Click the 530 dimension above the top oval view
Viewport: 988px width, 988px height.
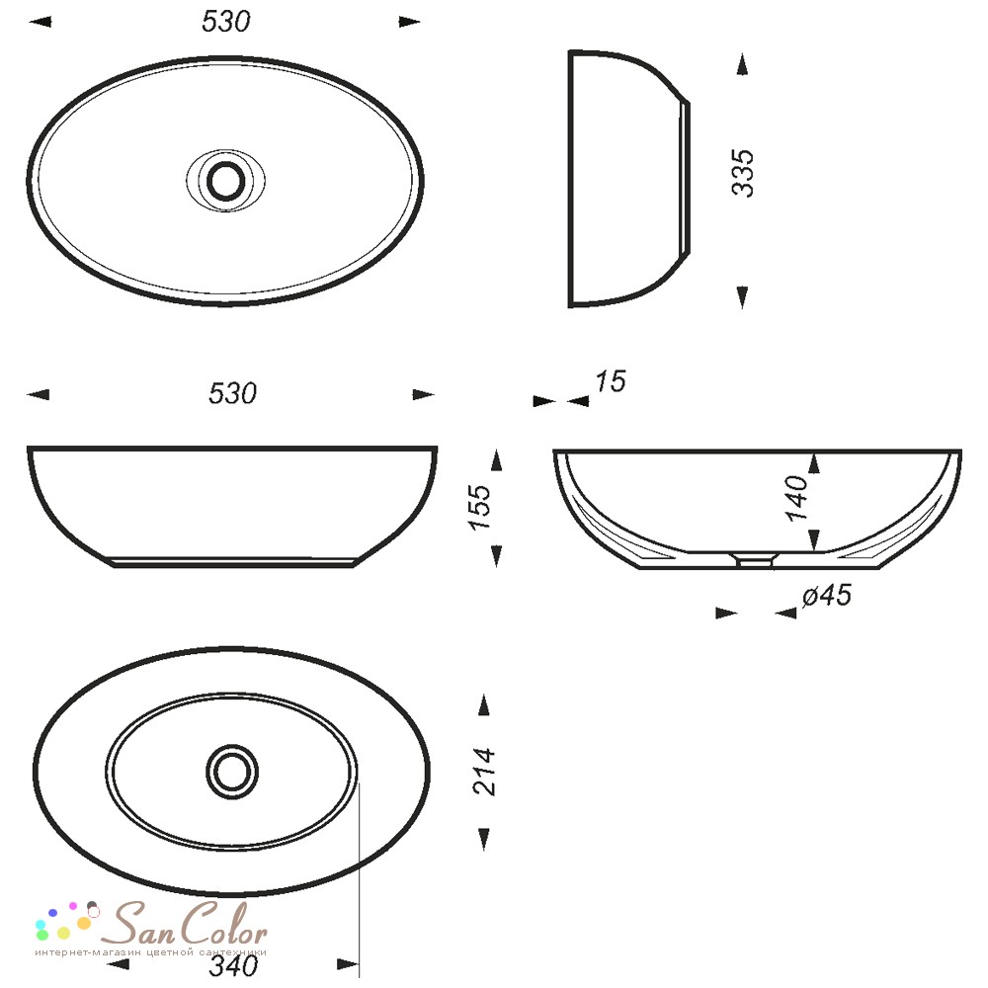(x=225, y=22)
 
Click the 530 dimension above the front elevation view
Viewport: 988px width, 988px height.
(x=232, y=394)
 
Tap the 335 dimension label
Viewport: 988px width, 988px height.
(x=743, y=173)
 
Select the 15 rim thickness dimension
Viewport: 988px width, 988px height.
(x=611, y=381)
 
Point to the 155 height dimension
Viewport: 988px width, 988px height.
(x=480, y=507)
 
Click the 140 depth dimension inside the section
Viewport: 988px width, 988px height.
(x=796, y=498)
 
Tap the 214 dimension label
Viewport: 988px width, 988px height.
(x=484, y=772)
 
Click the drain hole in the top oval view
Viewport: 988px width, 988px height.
(x=225, y=181)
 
